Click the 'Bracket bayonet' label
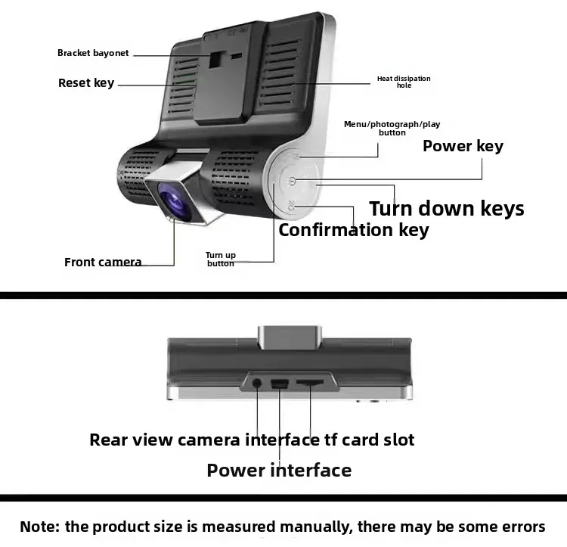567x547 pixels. pos(93,53)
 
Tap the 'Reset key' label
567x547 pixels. pos(85,82)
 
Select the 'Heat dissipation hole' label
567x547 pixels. pos(404,82)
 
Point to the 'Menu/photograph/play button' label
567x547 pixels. pos(392,128)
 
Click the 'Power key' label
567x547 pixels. pos(463,146)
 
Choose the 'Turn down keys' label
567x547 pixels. pos(446,208)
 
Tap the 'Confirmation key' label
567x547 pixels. pos(353,230)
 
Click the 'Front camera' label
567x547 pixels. pos(103,263)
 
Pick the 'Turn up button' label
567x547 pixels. pos(221,260)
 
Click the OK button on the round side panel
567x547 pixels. pos(294,205)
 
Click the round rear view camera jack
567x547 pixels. pos(257,383)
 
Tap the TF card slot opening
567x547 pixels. pos(310,384)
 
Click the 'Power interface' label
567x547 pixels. pos(279,471)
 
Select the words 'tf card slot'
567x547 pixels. pos(368,440)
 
